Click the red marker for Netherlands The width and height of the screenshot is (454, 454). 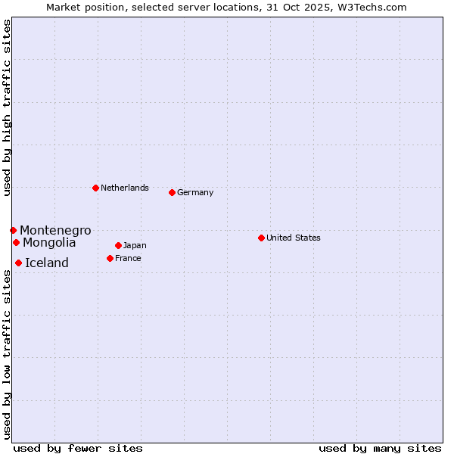[95, 188]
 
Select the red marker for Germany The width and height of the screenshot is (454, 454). [172, 192]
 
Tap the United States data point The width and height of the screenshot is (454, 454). [261, 238]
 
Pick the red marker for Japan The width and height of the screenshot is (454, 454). [118, 245]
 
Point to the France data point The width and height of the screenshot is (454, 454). [110, 258]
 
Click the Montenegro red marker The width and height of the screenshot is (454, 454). [13, 230]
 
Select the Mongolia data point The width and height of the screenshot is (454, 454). [16, 242]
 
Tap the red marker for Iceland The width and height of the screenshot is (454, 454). [18, 263]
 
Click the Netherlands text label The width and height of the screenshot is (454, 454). [125, 188]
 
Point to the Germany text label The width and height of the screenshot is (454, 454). [195, 192]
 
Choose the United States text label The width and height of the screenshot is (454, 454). [294, 238]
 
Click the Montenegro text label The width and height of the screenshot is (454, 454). [55, 230]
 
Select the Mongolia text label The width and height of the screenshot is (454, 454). [49, 242]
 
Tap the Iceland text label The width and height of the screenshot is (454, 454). [47, 263]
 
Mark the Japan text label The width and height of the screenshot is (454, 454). [135, 245]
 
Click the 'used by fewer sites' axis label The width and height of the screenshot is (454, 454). [78, 448]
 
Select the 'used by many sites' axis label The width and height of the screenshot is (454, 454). [380, 448]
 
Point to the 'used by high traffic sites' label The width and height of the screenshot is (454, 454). [7, 107]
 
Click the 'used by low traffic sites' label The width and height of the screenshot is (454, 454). [7, 355]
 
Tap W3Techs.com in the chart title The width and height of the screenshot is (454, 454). [371, 7]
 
